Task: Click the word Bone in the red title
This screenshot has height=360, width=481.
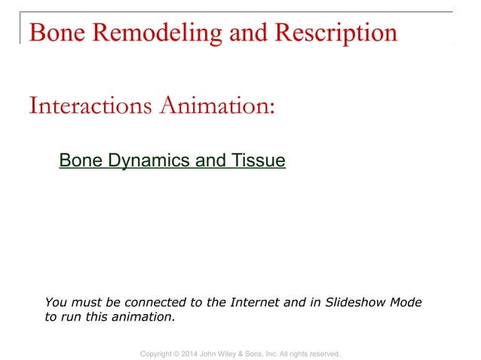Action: coord(54,32)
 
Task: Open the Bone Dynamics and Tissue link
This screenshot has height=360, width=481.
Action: coord(172,160)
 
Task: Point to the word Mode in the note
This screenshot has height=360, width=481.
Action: coord(406,303)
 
